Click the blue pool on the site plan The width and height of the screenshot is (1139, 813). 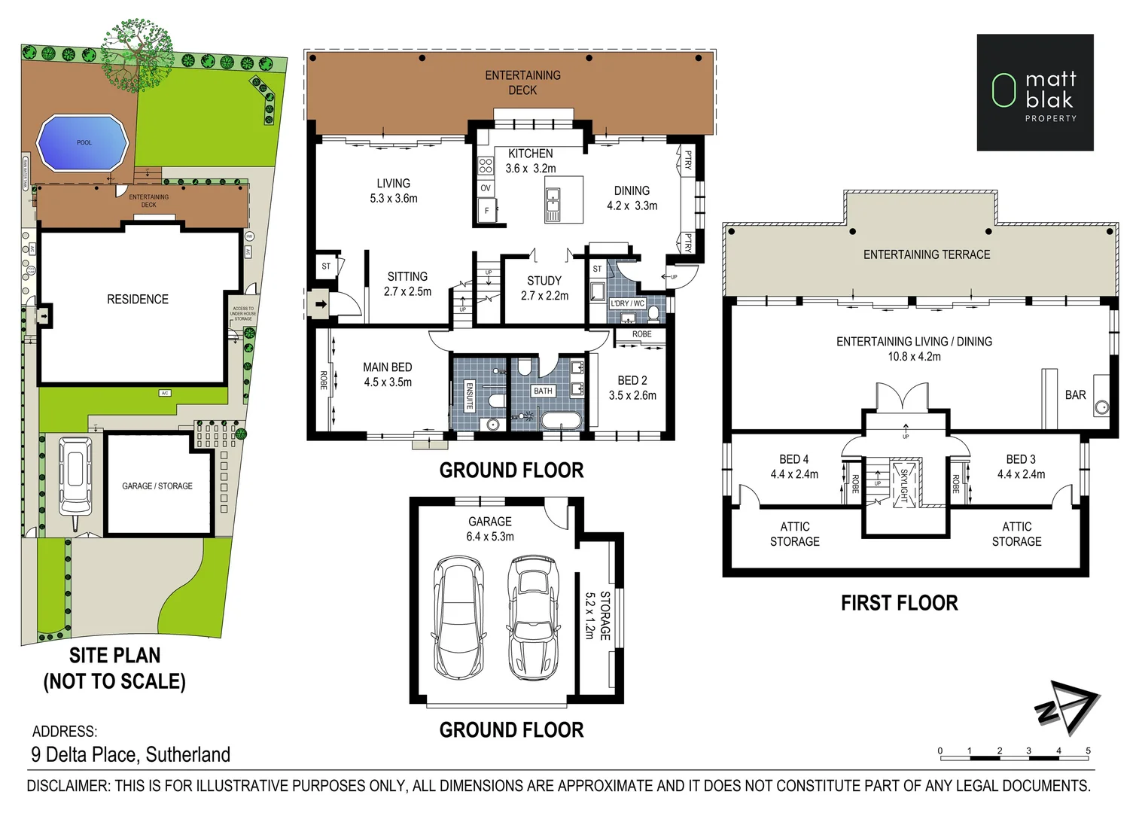pos(83,142)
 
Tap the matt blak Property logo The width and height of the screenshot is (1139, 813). pos(1034,92)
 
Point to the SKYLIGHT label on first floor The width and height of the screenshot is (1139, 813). pos(904,484)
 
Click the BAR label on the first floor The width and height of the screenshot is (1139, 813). pos(1075,394)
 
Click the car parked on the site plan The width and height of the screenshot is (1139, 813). pos(75,473)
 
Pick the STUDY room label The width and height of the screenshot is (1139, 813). pos(544,280)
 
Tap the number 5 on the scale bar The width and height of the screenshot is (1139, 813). pos(1088,751)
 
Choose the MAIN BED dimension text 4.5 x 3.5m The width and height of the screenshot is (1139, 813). pos(388,382)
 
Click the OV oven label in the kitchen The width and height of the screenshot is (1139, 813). pos(486,188)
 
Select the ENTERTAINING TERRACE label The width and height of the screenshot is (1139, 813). pos(926,254)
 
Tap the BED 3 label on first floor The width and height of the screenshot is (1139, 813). pos(1021,459)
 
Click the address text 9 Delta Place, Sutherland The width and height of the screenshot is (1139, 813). pos(131,754)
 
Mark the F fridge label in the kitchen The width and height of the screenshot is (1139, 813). pos(486,212)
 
